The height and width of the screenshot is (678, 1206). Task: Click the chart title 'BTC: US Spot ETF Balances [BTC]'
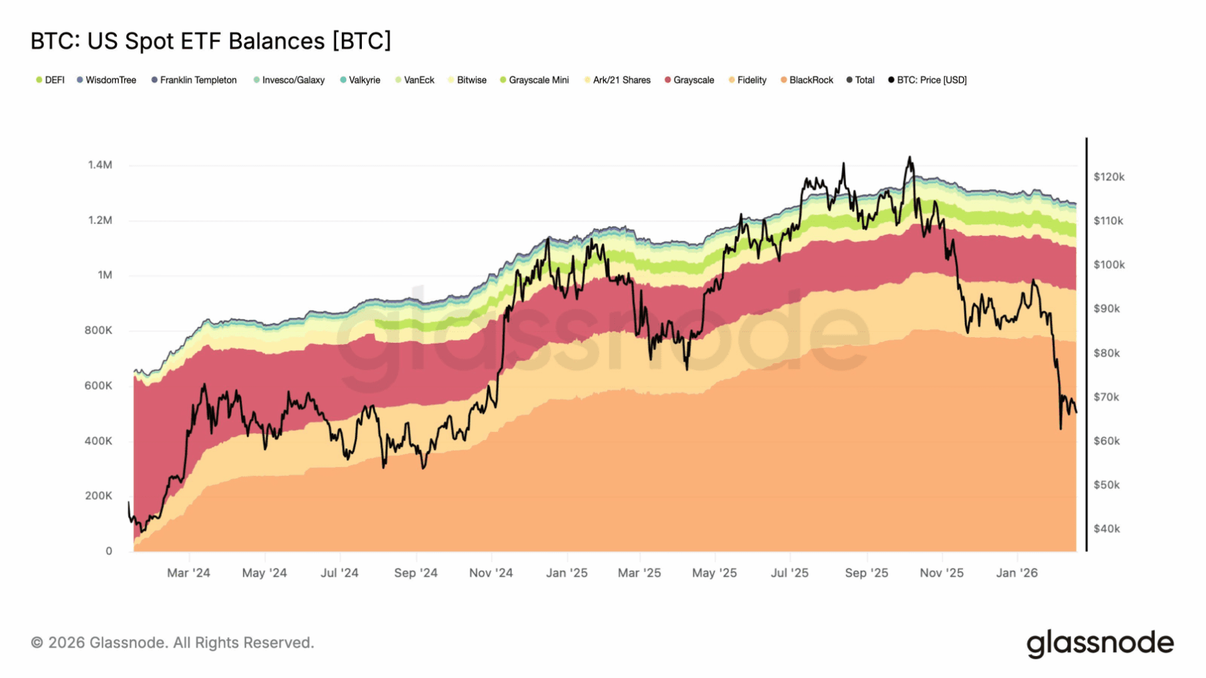pos(210,41)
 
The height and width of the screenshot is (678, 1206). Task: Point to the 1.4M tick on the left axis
pos(100,165)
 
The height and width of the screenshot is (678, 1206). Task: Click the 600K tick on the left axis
pos(99,385)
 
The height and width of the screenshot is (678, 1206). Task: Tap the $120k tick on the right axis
pos(1109,177)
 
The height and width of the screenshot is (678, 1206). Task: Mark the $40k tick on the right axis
pos(1107,529)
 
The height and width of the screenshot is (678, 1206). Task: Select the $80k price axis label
pos(1107,353)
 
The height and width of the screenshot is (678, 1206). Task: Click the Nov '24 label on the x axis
pos(491,573)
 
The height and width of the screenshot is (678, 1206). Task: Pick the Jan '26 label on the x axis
pos(1016,573)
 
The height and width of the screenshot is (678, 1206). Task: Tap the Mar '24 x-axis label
pos(188,573)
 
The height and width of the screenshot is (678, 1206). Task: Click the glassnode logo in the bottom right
pos(1100,643)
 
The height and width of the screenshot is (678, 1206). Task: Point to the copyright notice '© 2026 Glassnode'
pos(172,643)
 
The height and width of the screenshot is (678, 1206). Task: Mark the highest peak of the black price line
pos(909,158)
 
